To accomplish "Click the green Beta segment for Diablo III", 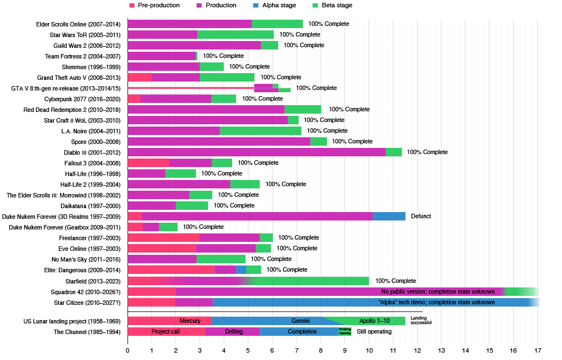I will (393, 152).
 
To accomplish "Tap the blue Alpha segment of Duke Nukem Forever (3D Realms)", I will (389, 216).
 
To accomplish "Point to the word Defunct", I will (421, 216).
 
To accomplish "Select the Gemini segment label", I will (301, 321).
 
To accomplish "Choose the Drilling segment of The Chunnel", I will (233, 331).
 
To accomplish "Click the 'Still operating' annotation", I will (373, 331).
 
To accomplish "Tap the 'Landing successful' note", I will (422, 321).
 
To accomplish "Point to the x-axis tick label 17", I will (538, 350).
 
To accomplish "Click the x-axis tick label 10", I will (369, 350).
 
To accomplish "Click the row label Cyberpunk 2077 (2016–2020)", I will (84, 98).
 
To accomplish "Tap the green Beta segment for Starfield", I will (315, 281).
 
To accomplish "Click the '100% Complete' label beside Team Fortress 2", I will (223, 56).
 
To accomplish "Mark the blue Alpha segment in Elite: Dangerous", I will (241, 269).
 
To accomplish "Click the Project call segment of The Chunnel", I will (166, 331).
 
